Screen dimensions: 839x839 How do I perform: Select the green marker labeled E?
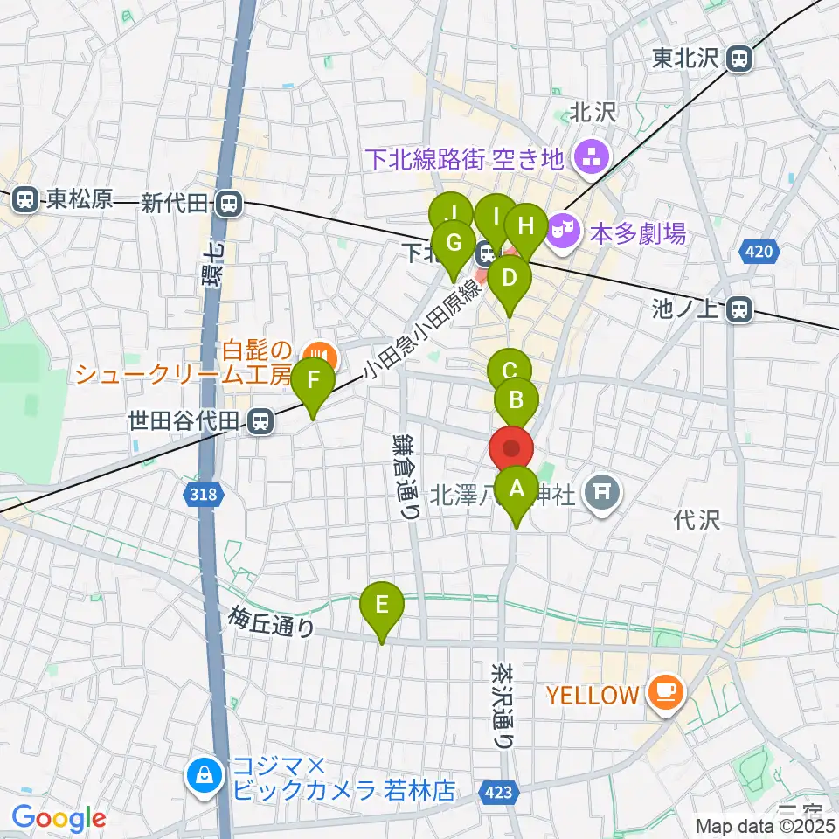(x=382, y=606)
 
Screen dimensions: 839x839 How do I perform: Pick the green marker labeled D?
(x=509, y=280)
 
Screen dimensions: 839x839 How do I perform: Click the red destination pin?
(x=511, y=450)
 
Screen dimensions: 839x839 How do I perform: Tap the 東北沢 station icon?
(x=739, y=59)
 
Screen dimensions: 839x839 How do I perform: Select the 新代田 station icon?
(x=229, y=203)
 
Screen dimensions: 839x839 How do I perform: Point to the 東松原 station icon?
(x=26, y=200)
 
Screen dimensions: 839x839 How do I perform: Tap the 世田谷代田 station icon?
(x=258, y=422)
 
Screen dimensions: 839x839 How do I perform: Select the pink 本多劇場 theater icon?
(x=558, y=232)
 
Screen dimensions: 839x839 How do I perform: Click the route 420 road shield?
(x=758, y=253)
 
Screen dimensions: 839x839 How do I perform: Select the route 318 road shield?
(x=202, y=495)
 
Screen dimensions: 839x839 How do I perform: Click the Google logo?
(x=59, y=818)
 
